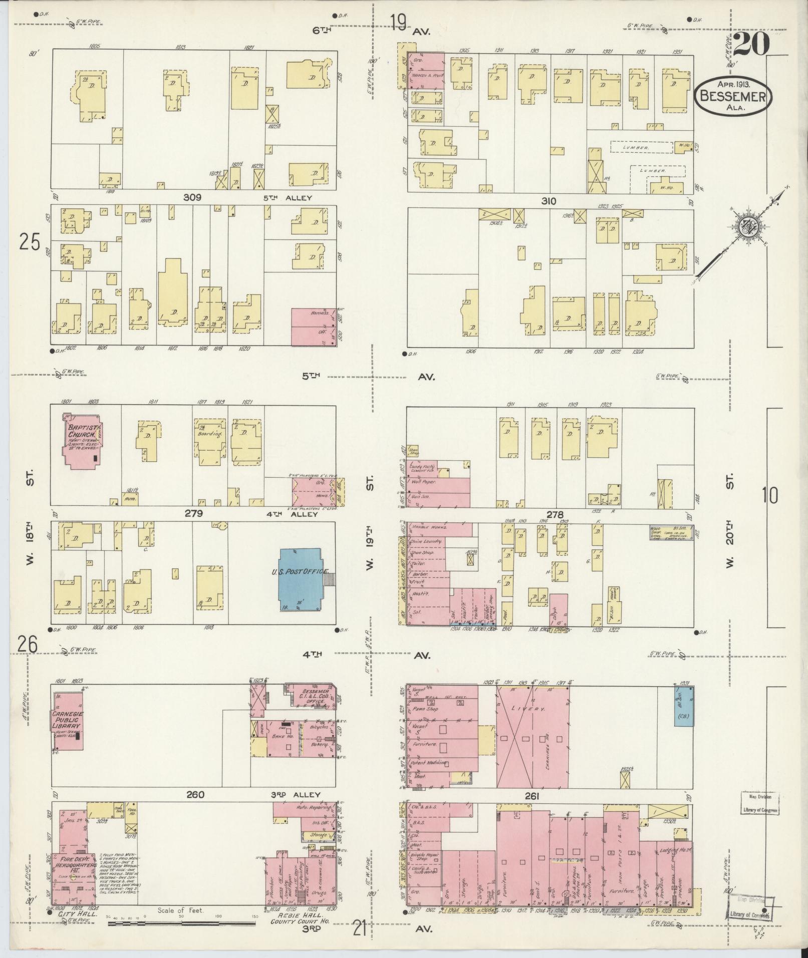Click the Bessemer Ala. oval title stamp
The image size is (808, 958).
(733, 96)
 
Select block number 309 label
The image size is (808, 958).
(192, 198)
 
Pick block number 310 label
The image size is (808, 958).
(549, 201)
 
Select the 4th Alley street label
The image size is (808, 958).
(299, 514)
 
